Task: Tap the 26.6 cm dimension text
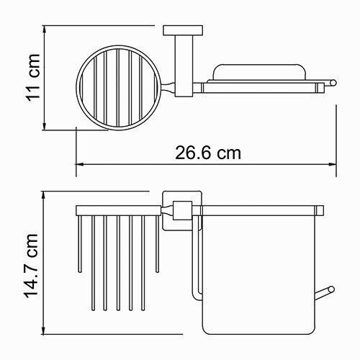point(208,153)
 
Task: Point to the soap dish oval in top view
point(259,72)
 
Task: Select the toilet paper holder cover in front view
point(259,274)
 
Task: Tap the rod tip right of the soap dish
point(336,85)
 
